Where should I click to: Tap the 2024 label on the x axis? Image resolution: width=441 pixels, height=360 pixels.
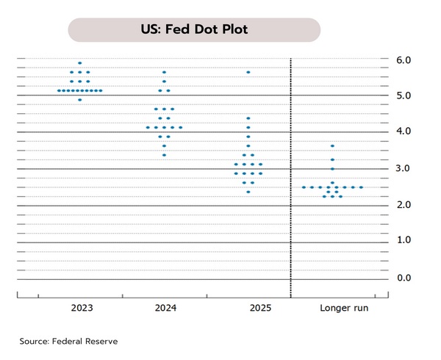coord(164,308)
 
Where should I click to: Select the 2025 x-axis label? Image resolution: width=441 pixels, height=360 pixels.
coord(248,308)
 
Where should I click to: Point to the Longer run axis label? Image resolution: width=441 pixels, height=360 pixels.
coord(344,308)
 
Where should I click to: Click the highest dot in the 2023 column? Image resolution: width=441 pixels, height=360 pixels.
coord(80,63)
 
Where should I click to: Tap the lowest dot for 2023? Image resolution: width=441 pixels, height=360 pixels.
coord(80,100)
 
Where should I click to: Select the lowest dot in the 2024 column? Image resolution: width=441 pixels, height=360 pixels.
coord(164,155)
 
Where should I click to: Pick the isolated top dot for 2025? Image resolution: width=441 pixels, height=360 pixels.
coord(248,72)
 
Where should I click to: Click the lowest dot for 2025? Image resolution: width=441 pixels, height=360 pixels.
coord(248,192)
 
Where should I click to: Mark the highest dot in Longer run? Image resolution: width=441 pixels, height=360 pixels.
coord(332,146)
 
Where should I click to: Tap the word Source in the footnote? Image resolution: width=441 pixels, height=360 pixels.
coord(34,342)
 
